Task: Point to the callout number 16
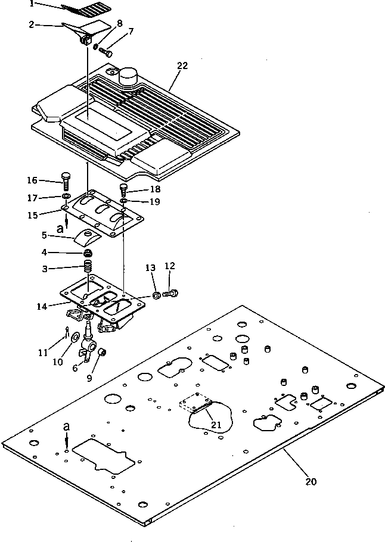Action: [x=32, y=180]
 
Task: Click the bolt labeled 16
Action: [x=66, y=179]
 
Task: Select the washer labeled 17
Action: [x=66, y=197]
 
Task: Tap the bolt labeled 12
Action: [x=171, y=293]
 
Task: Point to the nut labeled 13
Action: [x=156, y=295]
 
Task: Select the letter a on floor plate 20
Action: [x=66, y=428]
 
